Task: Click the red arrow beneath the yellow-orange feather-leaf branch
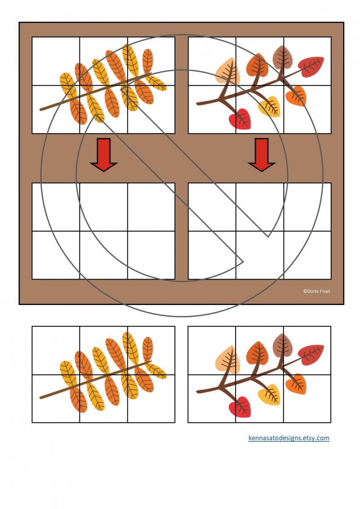coord(104,154)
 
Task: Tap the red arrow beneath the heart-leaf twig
coord(262,154)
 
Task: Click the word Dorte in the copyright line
coord(313,291)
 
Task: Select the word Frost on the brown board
coord(325,291)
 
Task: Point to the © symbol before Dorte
coord(305,291)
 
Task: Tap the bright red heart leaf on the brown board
coord(240,119)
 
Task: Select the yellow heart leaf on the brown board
coord(270,106)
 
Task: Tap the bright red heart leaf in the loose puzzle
coord(240,407)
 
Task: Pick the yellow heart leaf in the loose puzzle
coord(270,395)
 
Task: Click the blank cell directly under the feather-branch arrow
coord(104,207)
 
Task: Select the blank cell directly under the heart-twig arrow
coord(260,207)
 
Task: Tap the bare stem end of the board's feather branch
coord(41,110)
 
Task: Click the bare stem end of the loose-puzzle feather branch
coord(41,398)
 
